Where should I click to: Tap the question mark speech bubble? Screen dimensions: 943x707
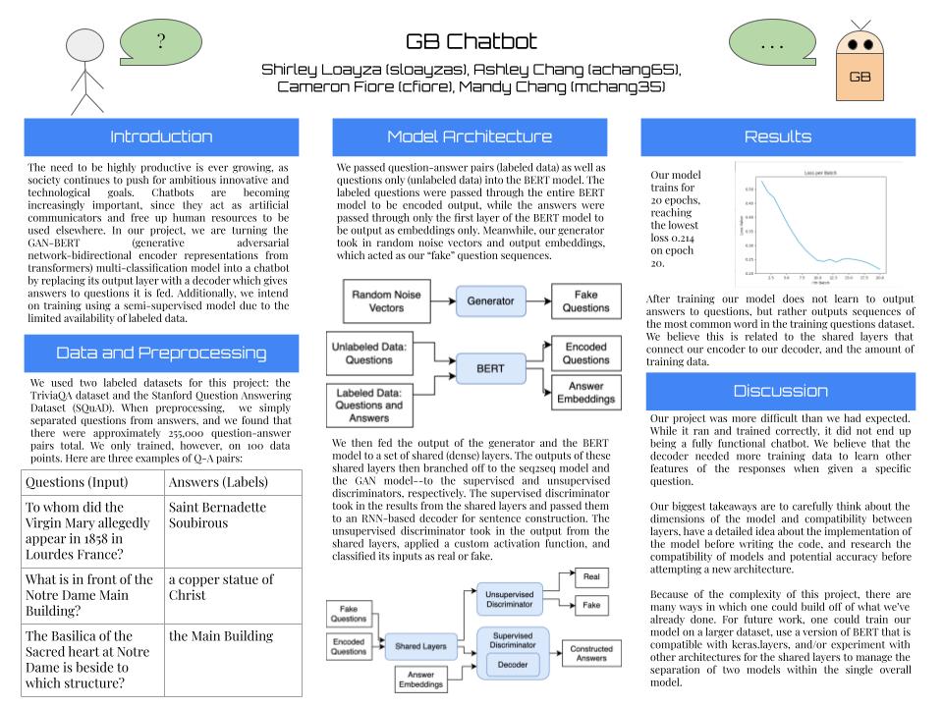pos(160,41)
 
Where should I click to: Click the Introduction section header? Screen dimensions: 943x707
pos(161,136)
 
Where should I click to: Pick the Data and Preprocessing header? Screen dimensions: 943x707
pos(161,353)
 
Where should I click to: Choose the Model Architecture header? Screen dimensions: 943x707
pos(471,136)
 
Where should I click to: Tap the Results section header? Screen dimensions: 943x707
pos(778,136)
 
